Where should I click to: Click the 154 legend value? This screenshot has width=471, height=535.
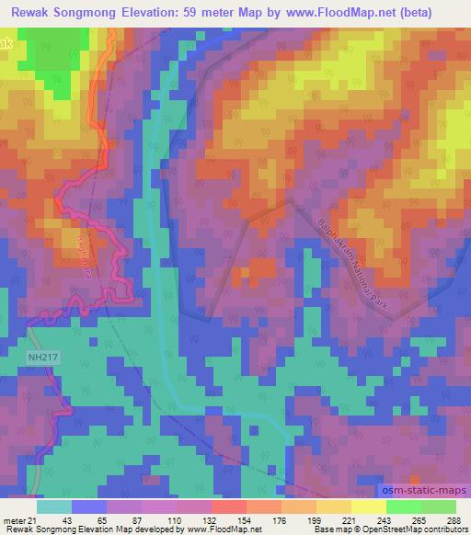226,519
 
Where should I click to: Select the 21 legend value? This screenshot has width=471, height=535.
38,519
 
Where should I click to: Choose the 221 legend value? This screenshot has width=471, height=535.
341,519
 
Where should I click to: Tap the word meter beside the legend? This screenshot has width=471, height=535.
16,519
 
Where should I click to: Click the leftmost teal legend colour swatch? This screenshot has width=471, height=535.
52,507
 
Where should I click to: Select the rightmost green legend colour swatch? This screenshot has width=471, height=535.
438,507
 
